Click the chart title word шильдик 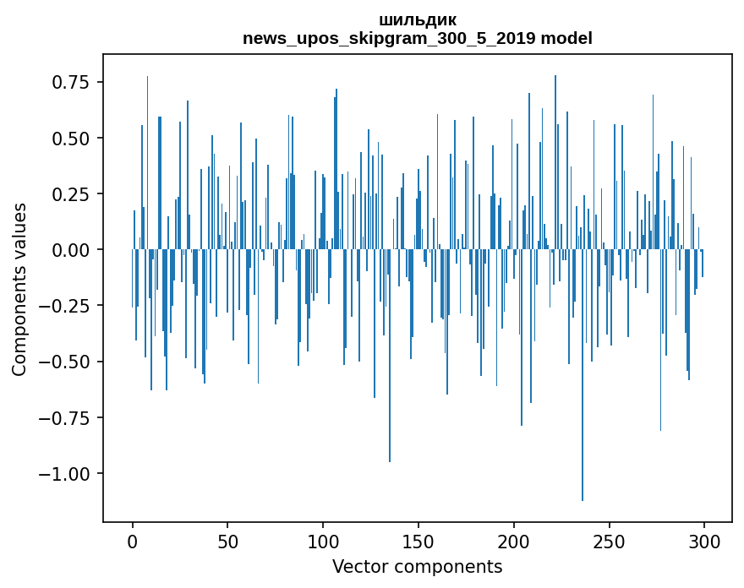pos(418,20)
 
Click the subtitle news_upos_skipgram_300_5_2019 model pos(418,38)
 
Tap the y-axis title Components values pos(19,289)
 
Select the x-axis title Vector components pos(418,567)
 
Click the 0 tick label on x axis pos(133,542)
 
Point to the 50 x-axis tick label pos(227,542)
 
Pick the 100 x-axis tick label pos(323,542)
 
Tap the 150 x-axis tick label pos(418,542)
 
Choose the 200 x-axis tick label pos(513,542)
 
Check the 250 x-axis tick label pos(609,542)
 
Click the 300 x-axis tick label pos(703,542)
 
